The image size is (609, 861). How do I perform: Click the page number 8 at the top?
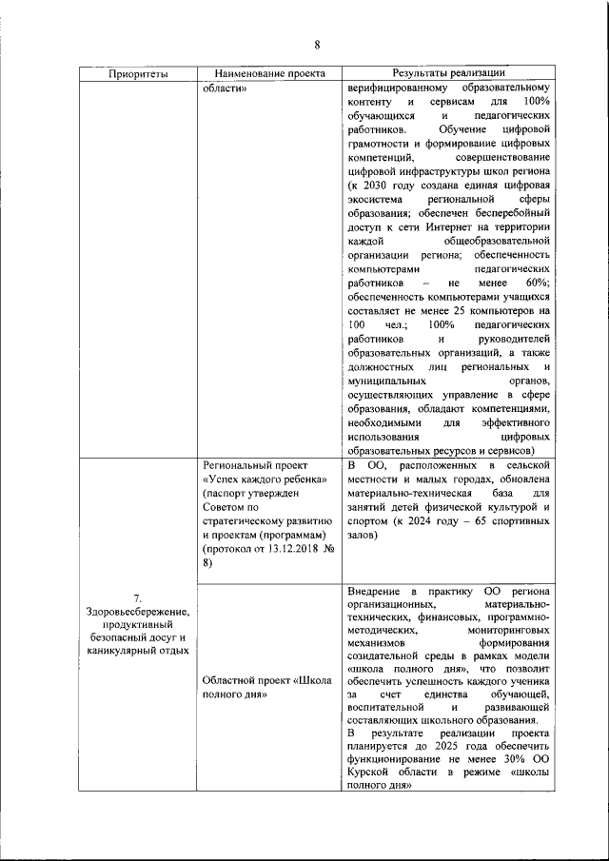[317, 44]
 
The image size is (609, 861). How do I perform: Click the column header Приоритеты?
[138, 73]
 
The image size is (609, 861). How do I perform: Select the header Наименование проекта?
[269, 73]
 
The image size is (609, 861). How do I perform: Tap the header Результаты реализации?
[448, 73]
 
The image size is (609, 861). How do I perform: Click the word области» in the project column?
[226, 88]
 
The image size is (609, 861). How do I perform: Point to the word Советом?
[226, 507]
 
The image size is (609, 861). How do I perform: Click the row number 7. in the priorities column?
[137, 598]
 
